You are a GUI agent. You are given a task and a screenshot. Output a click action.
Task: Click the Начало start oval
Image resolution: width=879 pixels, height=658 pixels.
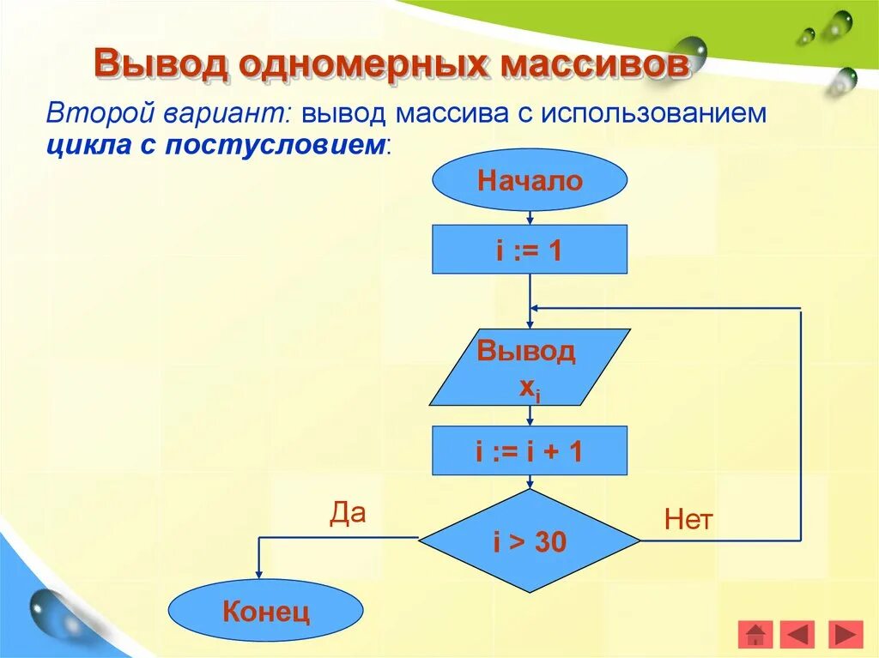(x=530, y=181)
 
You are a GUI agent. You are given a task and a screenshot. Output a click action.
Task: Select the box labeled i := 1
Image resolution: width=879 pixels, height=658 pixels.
(x=529, y=250)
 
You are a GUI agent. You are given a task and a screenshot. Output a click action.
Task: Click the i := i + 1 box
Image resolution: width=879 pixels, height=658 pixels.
(x=529, y=450)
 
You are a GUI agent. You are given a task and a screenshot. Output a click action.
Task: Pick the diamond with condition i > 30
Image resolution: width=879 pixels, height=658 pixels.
(x=530, y=541)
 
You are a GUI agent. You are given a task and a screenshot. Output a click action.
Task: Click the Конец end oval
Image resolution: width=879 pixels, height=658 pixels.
(x=265, y=612)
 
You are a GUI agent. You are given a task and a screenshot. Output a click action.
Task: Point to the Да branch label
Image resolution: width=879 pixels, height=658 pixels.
(x=348, y=513)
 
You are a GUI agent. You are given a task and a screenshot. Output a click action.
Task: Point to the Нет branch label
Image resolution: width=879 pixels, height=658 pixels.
(x=688, y=520)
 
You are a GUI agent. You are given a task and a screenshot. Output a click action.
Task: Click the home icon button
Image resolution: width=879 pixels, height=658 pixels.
(x=755, y=635)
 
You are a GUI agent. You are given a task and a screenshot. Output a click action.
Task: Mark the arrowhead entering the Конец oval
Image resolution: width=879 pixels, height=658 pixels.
(x=259, y=576)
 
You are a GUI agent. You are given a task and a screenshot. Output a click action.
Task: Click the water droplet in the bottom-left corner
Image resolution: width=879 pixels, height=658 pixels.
(x=49, y=612)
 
